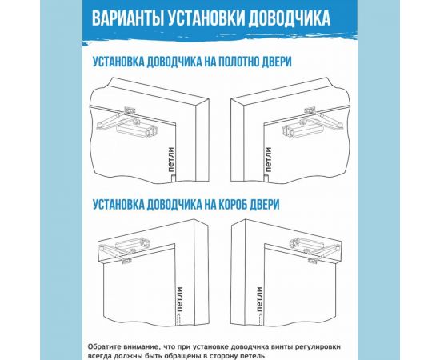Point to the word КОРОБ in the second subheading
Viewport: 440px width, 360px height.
point(226,204)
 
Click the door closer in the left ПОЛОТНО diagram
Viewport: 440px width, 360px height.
point(137,122)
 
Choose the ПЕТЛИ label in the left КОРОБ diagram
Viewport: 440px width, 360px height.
point(181,298)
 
